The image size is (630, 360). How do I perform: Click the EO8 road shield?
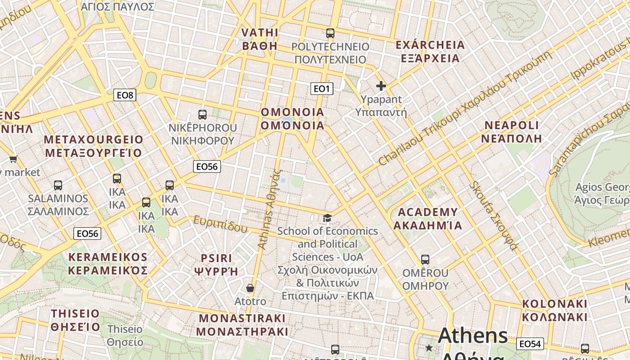click(x=125, y=95)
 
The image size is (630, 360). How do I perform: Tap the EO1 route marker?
click(x=322, y=89)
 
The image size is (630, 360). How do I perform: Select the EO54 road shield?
click(x=530, y=344)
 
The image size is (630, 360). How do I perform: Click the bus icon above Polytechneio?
click(x=330, y=33)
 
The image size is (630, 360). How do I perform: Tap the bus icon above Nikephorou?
click(x=202, y=115)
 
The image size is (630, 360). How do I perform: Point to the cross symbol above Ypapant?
click(x=381, y=86)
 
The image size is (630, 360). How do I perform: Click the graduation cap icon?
click(x=327, y=218)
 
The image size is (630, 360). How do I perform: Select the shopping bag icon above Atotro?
click(x=250, y=288)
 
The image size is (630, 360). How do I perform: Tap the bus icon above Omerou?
click(x=425, y=260)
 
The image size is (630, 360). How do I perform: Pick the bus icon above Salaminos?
click(x=58, y=185)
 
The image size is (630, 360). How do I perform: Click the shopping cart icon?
click(x=13, y=159)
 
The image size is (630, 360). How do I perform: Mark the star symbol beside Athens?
click(x=429, y=348)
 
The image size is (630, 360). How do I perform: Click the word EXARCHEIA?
click(x=430, y=45)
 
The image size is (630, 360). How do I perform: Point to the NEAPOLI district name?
click(x=511, y=125)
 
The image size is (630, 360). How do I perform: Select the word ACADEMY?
click(x=428, y=212)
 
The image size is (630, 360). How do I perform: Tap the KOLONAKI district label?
click(x=555, y=304)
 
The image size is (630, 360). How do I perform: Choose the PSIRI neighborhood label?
click(x=216, y=258)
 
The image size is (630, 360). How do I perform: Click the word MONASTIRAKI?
click(x=242, y=318)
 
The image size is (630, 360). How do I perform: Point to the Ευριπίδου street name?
click(x=220, y=223)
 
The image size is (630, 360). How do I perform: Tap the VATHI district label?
click(x=260, y=33)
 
